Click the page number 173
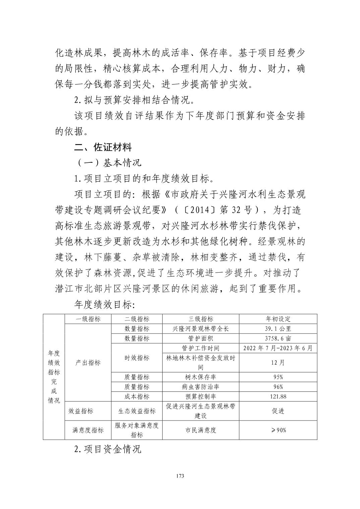click(180, 476)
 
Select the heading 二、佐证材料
click(103, 147)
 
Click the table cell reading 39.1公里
click(278, 329)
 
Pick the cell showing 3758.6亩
click(278, 339)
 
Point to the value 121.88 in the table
click(278, 396)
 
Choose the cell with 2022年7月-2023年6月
click(278, 348)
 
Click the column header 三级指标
click(200, 319)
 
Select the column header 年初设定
click(278, 319)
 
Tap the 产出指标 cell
click(88, 363)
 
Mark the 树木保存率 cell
click(200, 377)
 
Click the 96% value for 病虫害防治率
click(278, 387)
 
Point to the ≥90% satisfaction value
click(278, 430)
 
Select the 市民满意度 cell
click(200, 430)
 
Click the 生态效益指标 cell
click(137, 411)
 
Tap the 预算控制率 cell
click(200, 396)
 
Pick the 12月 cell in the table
click(278, 363)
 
